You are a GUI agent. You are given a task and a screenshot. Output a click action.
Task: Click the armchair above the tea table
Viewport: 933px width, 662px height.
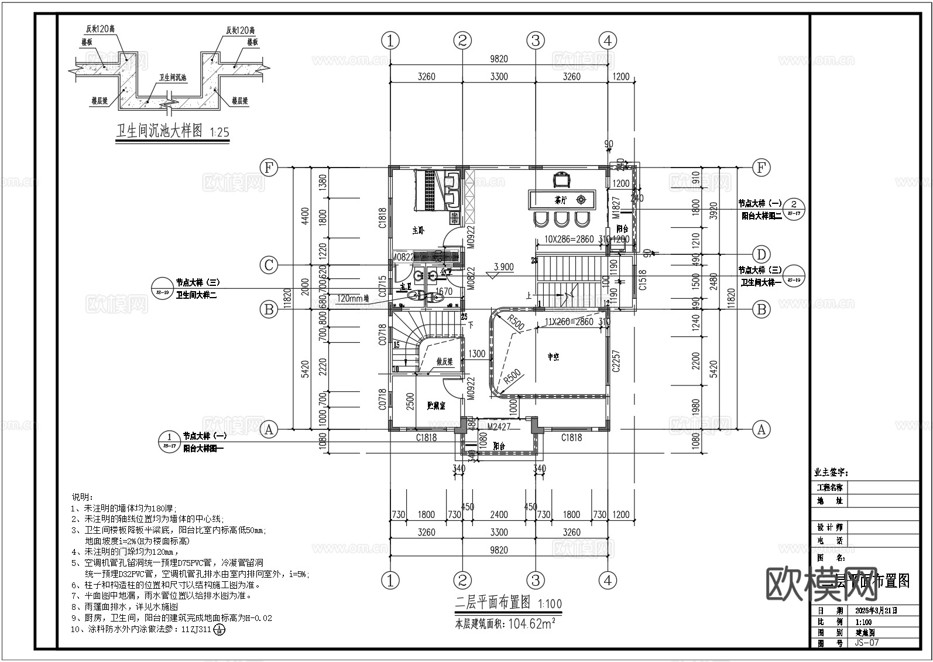pos(562,178)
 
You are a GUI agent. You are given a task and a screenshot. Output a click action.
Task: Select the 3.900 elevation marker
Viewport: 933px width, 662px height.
pos(503,267)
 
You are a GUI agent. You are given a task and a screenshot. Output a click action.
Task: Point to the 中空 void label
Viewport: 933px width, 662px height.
pos(553,356)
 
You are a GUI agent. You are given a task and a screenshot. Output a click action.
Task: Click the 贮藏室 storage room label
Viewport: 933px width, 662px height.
pos(436,405)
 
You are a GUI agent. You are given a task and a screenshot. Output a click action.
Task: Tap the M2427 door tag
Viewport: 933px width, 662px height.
pos(499,427)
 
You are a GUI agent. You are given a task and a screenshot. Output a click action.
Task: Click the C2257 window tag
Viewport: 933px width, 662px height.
pos(615,361)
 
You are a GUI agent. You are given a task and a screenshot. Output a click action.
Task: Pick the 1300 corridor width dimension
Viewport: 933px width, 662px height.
pos(476,354)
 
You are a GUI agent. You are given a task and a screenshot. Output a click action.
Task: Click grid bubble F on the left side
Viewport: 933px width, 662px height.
pos(269,168)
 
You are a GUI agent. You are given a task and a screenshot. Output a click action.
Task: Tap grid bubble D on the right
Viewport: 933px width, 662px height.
pos(761,255)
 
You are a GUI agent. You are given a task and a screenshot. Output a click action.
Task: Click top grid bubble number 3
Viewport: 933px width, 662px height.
pos(535,40)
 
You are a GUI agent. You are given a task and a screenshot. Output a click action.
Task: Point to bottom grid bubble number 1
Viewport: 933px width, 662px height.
pos(390,581)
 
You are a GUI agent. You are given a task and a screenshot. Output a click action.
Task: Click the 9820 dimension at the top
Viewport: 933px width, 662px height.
pos(499,59)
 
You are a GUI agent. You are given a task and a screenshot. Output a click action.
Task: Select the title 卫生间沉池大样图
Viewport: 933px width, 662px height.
pos(159,131)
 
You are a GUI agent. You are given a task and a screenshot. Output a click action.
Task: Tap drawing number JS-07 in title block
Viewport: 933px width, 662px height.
pos(867,643)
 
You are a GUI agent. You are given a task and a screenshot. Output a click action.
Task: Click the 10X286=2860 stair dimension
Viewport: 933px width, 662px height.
pos(569,240)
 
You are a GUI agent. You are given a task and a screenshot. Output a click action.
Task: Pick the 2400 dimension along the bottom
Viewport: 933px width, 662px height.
pos(499,514)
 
